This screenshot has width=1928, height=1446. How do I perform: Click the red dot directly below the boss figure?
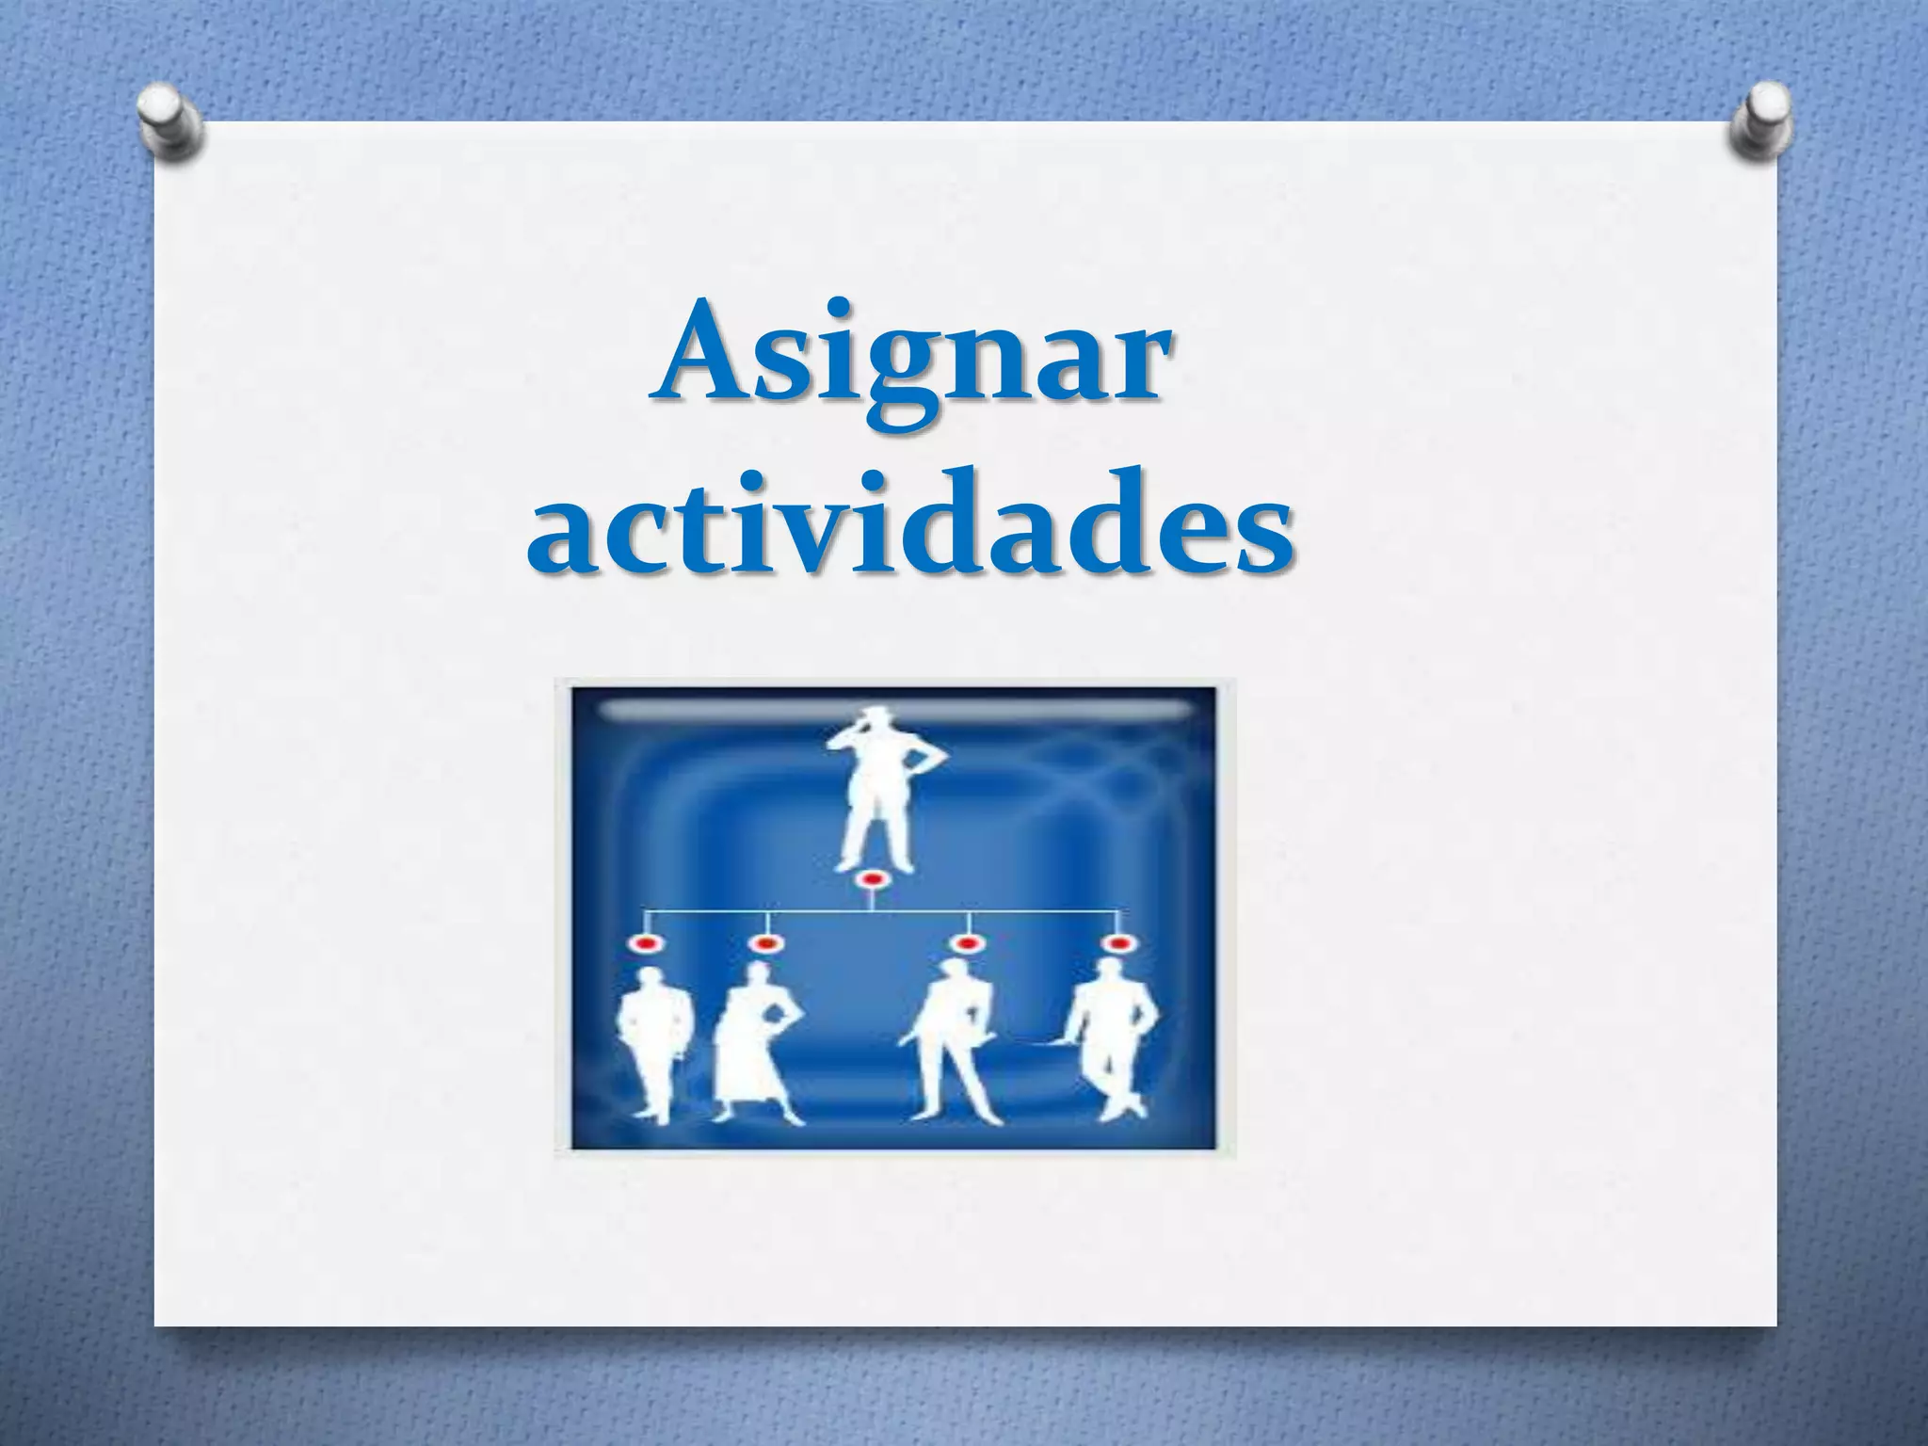[x=872, y=880]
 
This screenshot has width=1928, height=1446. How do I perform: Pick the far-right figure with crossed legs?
[x=1112, y=1045]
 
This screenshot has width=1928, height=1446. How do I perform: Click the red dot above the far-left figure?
[x=646, y=942]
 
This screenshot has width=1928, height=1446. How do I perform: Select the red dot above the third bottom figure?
[x=965, y=942]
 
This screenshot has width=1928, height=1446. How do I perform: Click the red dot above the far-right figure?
[x=1117, y=942]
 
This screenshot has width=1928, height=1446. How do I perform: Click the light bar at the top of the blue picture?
[x=894, y=712]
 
